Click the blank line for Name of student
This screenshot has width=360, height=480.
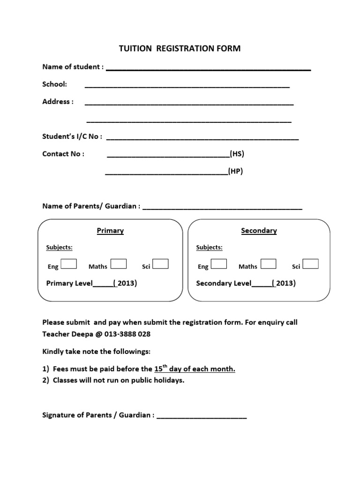[209, 69]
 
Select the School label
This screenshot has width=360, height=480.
[55, 84]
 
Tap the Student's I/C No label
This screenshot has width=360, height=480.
[72, 136]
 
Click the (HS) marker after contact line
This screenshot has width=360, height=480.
[237, 154]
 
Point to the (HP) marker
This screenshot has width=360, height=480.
[235, 172]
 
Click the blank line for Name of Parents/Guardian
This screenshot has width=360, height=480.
[222, 207]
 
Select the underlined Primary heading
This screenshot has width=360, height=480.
[110, 231]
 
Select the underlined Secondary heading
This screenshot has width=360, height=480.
[259, 231]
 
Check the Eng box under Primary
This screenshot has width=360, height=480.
[69, 264]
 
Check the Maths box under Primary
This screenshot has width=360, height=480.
[119, 264]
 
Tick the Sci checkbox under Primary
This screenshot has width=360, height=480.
[161, 264]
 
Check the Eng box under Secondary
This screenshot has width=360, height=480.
[219, 264]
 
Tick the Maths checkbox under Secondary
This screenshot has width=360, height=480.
[268, 264]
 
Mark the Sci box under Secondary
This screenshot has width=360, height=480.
[310, 264]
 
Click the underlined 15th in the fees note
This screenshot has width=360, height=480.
[161, 368]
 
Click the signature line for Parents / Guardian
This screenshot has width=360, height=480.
[202, 416]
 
